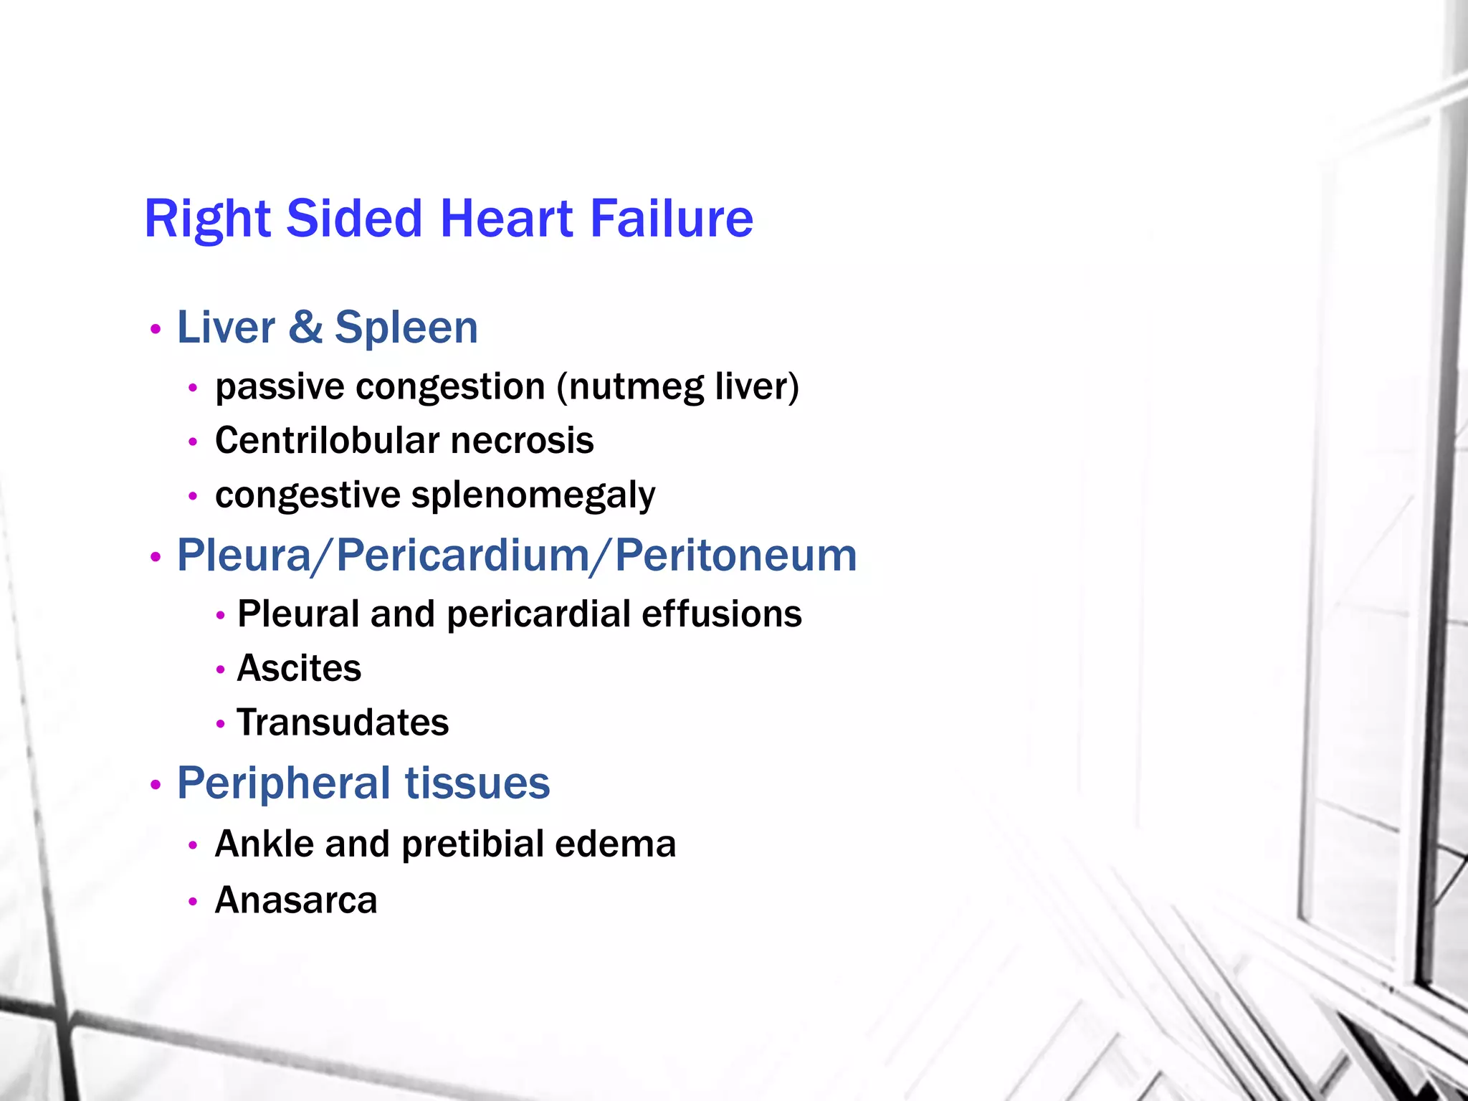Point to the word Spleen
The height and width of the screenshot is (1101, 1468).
(406, 329)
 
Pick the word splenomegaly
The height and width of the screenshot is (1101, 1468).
(533, 495)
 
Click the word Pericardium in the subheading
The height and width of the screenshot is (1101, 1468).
(463, 556)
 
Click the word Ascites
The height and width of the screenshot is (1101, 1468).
(299, 668)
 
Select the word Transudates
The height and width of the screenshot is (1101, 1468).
(343, 723)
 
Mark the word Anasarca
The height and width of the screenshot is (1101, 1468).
(296, 900)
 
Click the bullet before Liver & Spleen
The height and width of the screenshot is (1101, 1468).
(155, 330)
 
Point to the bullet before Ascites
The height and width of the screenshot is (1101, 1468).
(221, 670)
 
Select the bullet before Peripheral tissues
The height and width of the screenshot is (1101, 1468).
(155, 786)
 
